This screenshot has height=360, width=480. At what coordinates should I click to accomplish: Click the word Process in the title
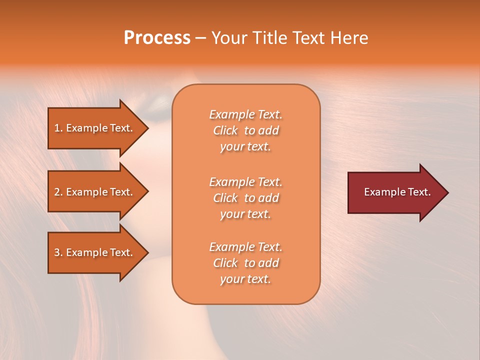[x=157, y=38]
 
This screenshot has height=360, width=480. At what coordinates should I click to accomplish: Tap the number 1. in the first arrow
[x=58, y=128]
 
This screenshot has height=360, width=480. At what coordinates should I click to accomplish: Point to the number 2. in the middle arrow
[x=58, y=192]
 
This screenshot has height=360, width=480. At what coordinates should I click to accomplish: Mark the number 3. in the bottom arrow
[x=58, y=253]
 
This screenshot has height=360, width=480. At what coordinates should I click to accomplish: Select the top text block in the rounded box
[x=245, y=130]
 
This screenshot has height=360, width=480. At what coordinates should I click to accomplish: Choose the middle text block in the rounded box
[x=245, y=198]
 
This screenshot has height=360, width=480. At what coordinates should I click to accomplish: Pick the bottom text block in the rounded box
[x=245, y=263]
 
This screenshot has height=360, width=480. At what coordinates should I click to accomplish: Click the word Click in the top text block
[x=225, y=131]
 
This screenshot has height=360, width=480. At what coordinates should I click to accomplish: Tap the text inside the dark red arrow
[x=397, y=192]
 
